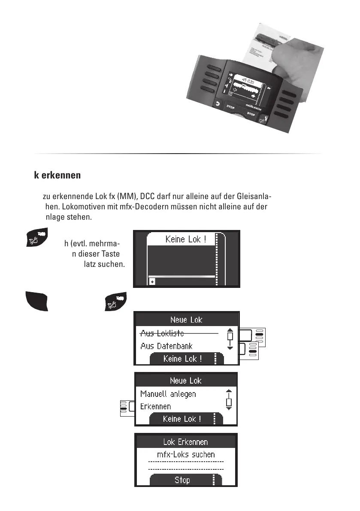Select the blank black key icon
(36, 300)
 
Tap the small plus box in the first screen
(152, 281)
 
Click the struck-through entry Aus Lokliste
(162, 333)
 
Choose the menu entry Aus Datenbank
(166, 346)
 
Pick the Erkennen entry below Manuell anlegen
(155, 406)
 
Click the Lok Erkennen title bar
(185, 441)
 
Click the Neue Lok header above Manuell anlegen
(185, 381)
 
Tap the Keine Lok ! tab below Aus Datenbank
(182, 359)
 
